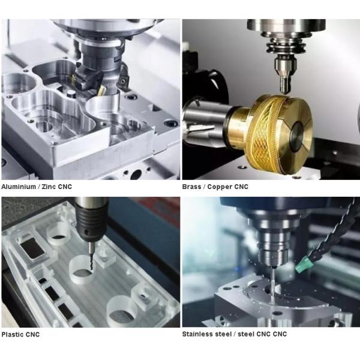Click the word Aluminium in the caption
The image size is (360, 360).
[19, 187]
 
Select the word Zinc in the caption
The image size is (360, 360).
[48, 187]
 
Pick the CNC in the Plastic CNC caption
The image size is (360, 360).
[33, 334]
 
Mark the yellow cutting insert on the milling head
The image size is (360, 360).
[101, 90]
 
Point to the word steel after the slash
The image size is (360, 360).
[240, 334]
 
